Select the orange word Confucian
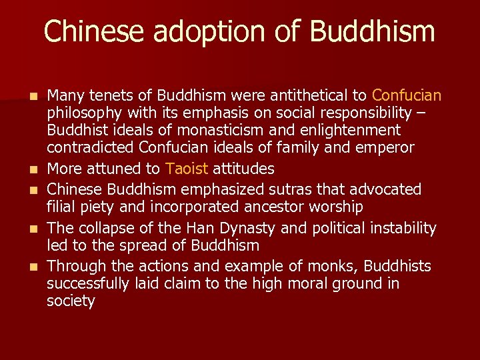(407, 95)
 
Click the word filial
(61, 207)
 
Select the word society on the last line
(71, 301)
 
